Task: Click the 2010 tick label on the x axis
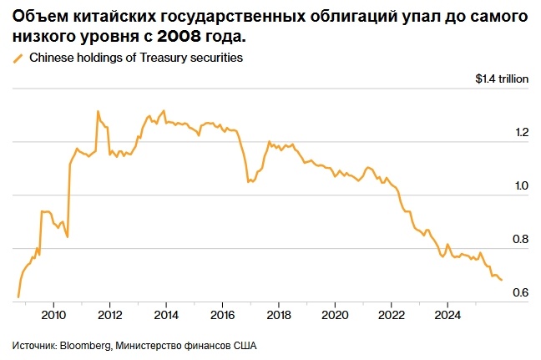coord(53,316)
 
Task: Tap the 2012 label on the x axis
coord(110,316)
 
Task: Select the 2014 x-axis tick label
coord(166,316)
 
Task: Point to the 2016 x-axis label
coord(222,316)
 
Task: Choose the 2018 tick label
coord(278,316)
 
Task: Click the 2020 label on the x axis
coord(335,316)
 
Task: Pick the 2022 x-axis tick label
coord(391,316)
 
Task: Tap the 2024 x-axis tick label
coord(447,316)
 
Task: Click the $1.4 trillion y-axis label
coord(503,79)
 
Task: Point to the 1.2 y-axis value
coord(521,132)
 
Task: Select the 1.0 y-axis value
coord(521,185)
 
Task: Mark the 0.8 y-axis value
coord(521,239)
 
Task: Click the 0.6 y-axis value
coord(521,292)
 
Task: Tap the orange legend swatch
coord(18,58)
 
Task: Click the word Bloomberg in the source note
coord(84,344)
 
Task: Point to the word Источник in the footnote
coord(33,344)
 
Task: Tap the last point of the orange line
coord(501,280)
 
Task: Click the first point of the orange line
coord(18,297)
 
